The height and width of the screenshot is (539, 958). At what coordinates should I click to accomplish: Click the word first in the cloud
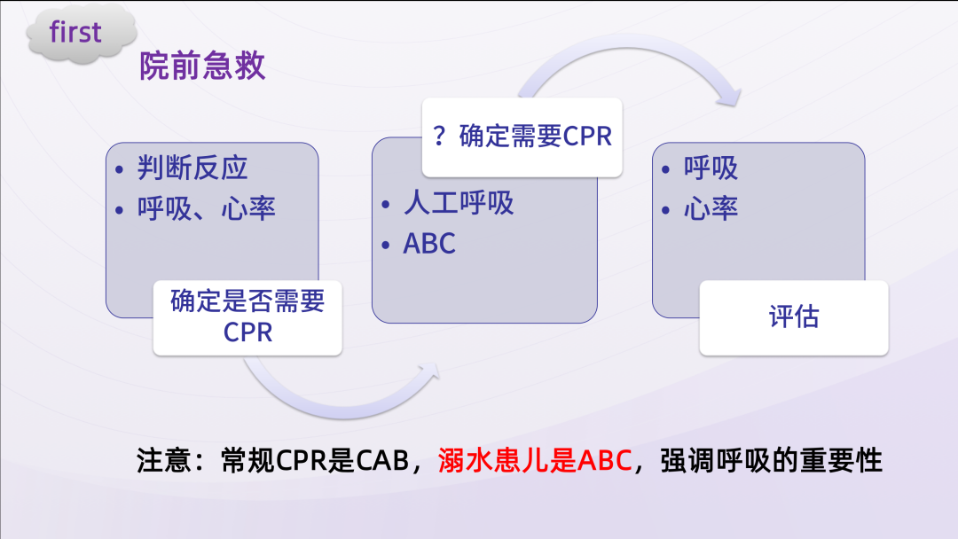75,33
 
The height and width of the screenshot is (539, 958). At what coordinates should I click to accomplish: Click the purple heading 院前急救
202,67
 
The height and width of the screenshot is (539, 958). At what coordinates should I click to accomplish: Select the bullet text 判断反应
192,168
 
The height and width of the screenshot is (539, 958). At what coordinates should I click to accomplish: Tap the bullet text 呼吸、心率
207,208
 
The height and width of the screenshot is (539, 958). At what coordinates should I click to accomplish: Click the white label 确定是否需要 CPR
247,316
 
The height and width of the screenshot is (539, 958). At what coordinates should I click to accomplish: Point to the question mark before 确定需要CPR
439,137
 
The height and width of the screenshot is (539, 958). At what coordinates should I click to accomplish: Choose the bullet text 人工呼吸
459,203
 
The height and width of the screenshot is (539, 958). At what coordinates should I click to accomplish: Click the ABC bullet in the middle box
429,244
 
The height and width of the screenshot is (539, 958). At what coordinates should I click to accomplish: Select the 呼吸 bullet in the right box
711,168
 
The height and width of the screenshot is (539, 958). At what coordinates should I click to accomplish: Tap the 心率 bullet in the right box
711,208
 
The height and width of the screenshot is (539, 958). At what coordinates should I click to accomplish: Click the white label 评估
793,316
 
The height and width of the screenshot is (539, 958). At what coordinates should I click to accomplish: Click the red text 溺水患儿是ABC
535,462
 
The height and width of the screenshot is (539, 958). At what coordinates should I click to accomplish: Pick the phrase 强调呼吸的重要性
772,462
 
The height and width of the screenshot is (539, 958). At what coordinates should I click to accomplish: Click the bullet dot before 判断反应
121,168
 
